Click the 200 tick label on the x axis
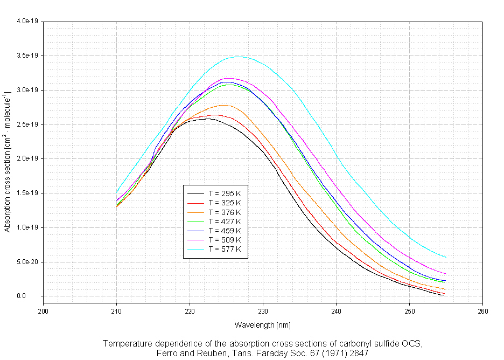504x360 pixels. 44,310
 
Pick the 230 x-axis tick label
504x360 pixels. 263,310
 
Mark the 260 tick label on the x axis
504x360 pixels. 482,310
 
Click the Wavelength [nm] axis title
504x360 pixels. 262,325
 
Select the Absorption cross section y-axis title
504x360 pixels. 8,162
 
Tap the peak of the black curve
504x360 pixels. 208,119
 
